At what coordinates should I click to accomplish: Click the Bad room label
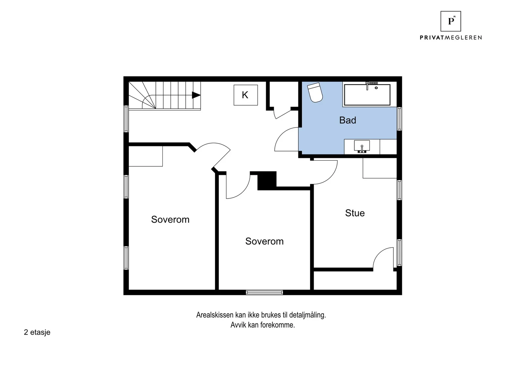pyautogui.click(x=347, y=120)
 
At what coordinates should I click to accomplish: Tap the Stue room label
pyautogui.click(x=355, y=213)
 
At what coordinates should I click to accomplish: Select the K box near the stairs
pyautogui.click(x=246, y=95)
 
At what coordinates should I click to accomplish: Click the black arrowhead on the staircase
pyautogui.click(x=196, y=95)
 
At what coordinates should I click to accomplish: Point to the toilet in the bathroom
pyautogui.click(x=315, y=92)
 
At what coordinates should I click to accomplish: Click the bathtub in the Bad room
pyautogui.click(x=367, y=95)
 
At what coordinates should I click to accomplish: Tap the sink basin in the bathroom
pyautogui.click(x=362, y=146)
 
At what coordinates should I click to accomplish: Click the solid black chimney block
pyautogui.click(x=267, y=181)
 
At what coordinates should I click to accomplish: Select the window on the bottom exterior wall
pyautogui.click(x=264, y=292)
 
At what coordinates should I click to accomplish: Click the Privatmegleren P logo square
pyautogui.click(x=451, y=21)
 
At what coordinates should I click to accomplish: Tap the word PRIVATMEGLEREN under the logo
pyautogui.click(x=451, y=37)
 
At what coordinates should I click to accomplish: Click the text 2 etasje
pyautogui.click(x=37, y=332)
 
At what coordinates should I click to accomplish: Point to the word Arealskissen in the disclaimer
pyautogui.click(x=215, y=315)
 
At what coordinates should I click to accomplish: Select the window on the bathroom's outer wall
pyautogui.click(x=399, y=119)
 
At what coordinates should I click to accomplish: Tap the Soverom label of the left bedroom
pyautogui.click(x=170, y=220)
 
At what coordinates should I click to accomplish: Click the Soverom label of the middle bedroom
pyautogui.click(x=264, y=241)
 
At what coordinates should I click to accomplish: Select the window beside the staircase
pyautogui.click(x=126, y=119)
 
